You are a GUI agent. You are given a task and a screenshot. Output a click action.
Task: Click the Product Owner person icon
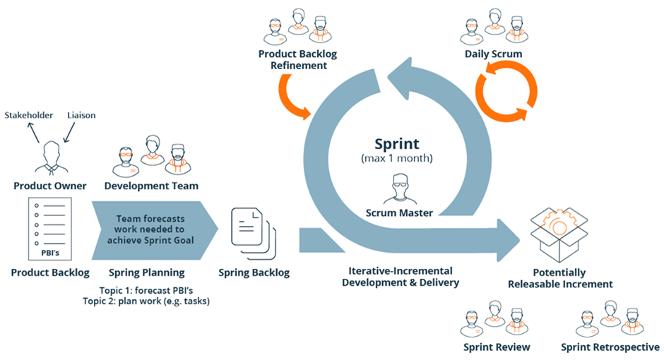(x=50, y=156)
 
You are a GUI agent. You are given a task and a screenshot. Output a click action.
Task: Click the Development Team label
(x=151, y=186)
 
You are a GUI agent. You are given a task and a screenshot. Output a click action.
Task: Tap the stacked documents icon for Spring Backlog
(x=254, y=232)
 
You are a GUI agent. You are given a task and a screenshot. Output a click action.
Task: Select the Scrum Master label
(x=400, y=212)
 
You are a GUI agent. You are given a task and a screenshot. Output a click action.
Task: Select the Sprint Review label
(x=497, y=347)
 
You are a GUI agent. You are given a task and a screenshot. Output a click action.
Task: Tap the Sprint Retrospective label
(x=610, y=347)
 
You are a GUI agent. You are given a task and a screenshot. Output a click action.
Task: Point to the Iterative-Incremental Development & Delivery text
(x=401, y=277)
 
